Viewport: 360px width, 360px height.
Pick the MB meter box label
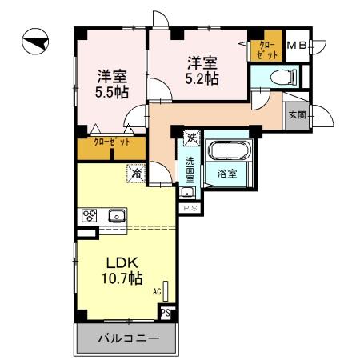pos(297,46)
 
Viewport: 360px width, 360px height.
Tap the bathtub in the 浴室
pos(230,152)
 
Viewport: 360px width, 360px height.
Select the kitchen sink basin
pos(117,214)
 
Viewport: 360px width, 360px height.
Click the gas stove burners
pos(90,214)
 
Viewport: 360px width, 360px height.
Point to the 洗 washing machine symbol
pos(191,138)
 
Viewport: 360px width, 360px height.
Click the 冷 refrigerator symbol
pos(137,172)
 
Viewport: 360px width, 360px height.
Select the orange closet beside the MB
pos(266,50)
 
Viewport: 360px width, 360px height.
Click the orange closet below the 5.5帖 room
pos(111,147)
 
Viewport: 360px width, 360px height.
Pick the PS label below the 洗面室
pos(190,208)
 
